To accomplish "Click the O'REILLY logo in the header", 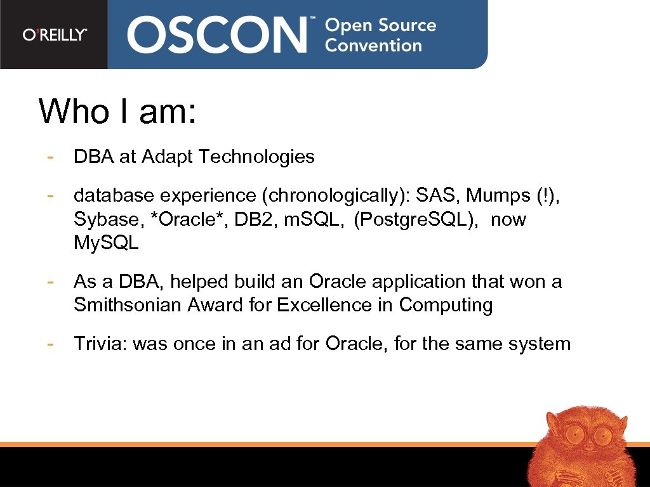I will pyautogui.click(x=55, y=35).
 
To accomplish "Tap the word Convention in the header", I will pyautogui.click(x=373, y=46).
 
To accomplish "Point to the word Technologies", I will pyautogui.click(x=257, y=157).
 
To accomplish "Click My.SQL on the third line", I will pyautogui.click(x=106, y=244).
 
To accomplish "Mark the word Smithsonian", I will pyautogui.click(x=127, y=305).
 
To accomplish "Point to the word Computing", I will pyautogui.click(x=446, y=305).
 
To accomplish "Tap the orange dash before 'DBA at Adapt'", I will pyautogui.click(x=49, y=157).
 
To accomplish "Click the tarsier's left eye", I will pyautogui.click(x=574, y=435).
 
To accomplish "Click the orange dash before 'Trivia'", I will pyautogui.click(x=49, y=344).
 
